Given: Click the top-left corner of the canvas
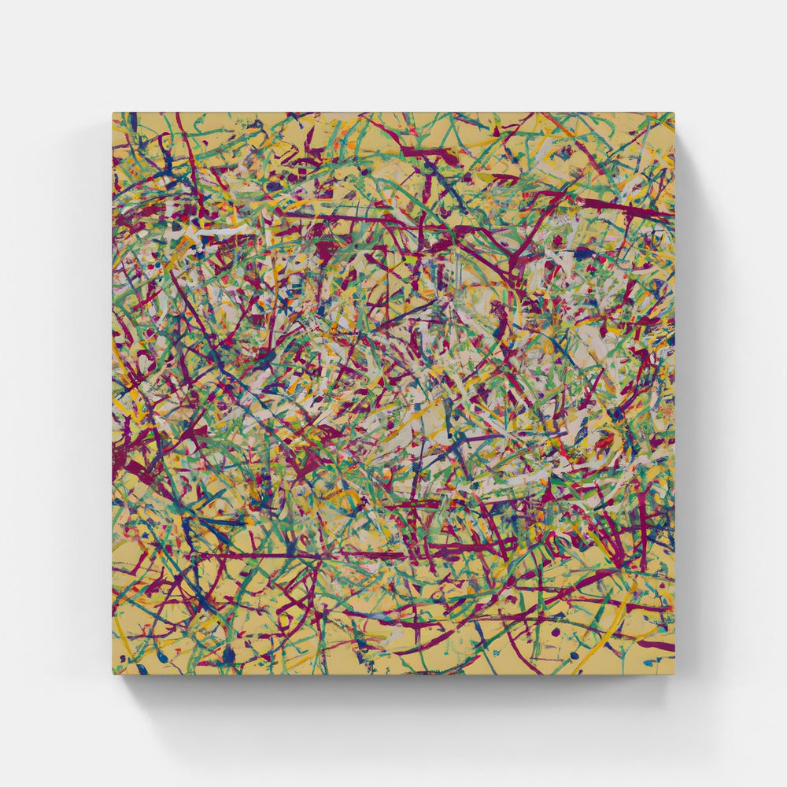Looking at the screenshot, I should click(113, 113).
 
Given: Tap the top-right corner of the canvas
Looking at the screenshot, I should click(674, 113).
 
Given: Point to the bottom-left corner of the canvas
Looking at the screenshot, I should click(113, 674).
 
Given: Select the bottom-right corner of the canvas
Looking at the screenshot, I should click(674, 674).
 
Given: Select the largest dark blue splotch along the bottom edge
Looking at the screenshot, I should click(228, 653).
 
